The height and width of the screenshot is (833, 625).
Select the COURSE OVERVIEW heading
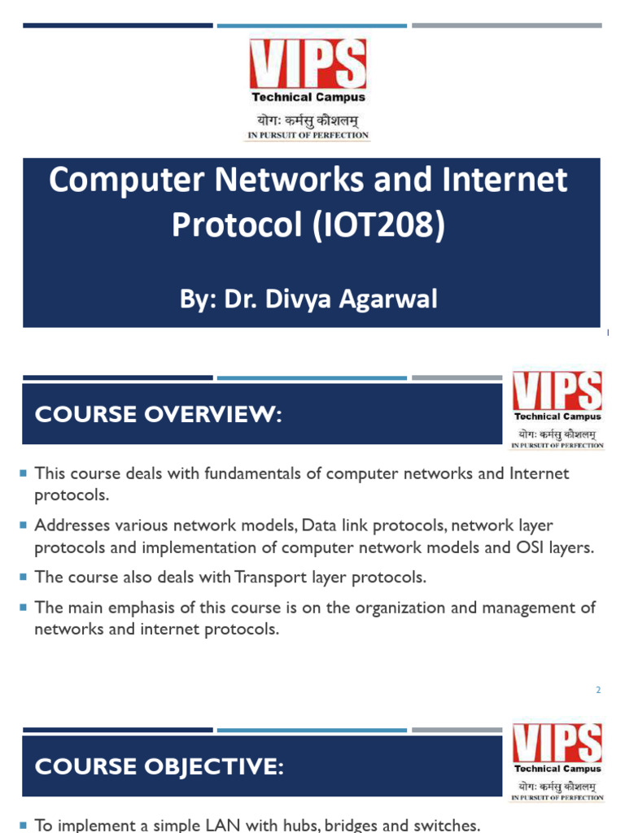158,415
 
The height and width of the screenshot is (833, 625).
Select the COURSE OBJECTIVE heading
159,766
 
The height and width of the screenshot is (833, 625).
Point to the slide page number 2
597,690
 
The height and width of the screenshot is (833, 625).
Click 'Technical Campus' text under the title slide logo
308,97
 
